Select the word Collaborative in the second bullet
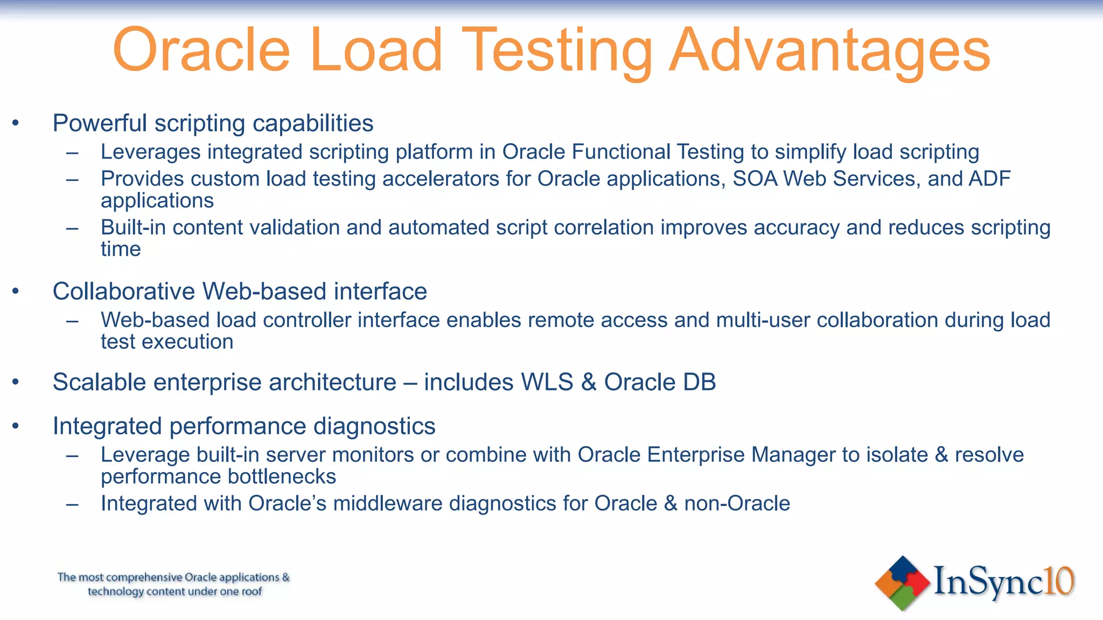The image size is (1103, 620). pyautogui.click(x=123, y=292)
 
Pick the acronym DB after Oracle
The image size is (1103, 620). pyautogui.click(x=699, y=382)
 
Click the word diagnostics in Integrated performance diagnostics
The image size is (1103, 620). pyautogui.click(x=374, y=426)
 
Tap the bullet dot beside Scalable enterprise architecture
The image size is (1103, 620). pyautogui.click(x=16, y=382)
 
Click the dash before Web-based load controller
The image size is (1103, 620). pyautogui.click(x=72, y=321)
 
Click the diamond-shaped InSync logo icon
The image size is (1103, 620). pyautogui.click(x=902, y=583)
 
